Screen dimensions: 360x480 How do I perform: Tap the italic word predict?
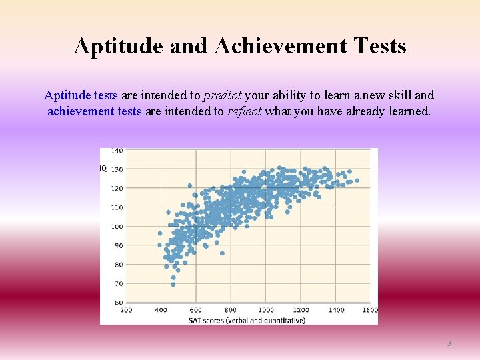[x=223, y=95]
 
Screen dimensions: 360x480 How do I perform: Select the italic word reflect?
[x=244, y=111]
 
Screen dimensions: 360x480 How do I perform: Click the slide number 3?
[x=449, y=343]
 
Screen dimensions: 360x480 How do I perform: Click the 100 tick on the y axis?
[x=117, y=227]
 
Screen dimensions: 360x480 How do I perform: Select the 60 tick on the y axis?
[x=119, y=303]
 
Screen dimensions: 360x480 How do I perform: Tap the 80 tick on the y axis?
[x=119, y=265]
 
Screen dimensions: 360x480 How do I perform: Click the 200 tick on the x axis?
[x=126, y=310]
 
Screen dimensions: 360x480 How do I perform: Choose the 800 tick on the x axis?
[x=231, y=310]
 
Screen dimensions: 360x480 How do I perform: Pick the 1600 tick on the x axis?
[x=370, y=310]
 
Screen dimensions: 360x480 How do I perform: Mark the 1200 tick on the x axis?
[x=301, y=310]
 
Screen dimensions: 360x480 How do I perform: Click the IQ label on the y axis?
[x=103, y=169]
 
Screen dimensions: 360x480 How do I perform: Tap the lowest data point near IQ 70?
[x=173, y=284]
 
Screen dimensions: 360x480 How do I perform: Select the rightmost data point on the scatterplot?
[x=357, y=180]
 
